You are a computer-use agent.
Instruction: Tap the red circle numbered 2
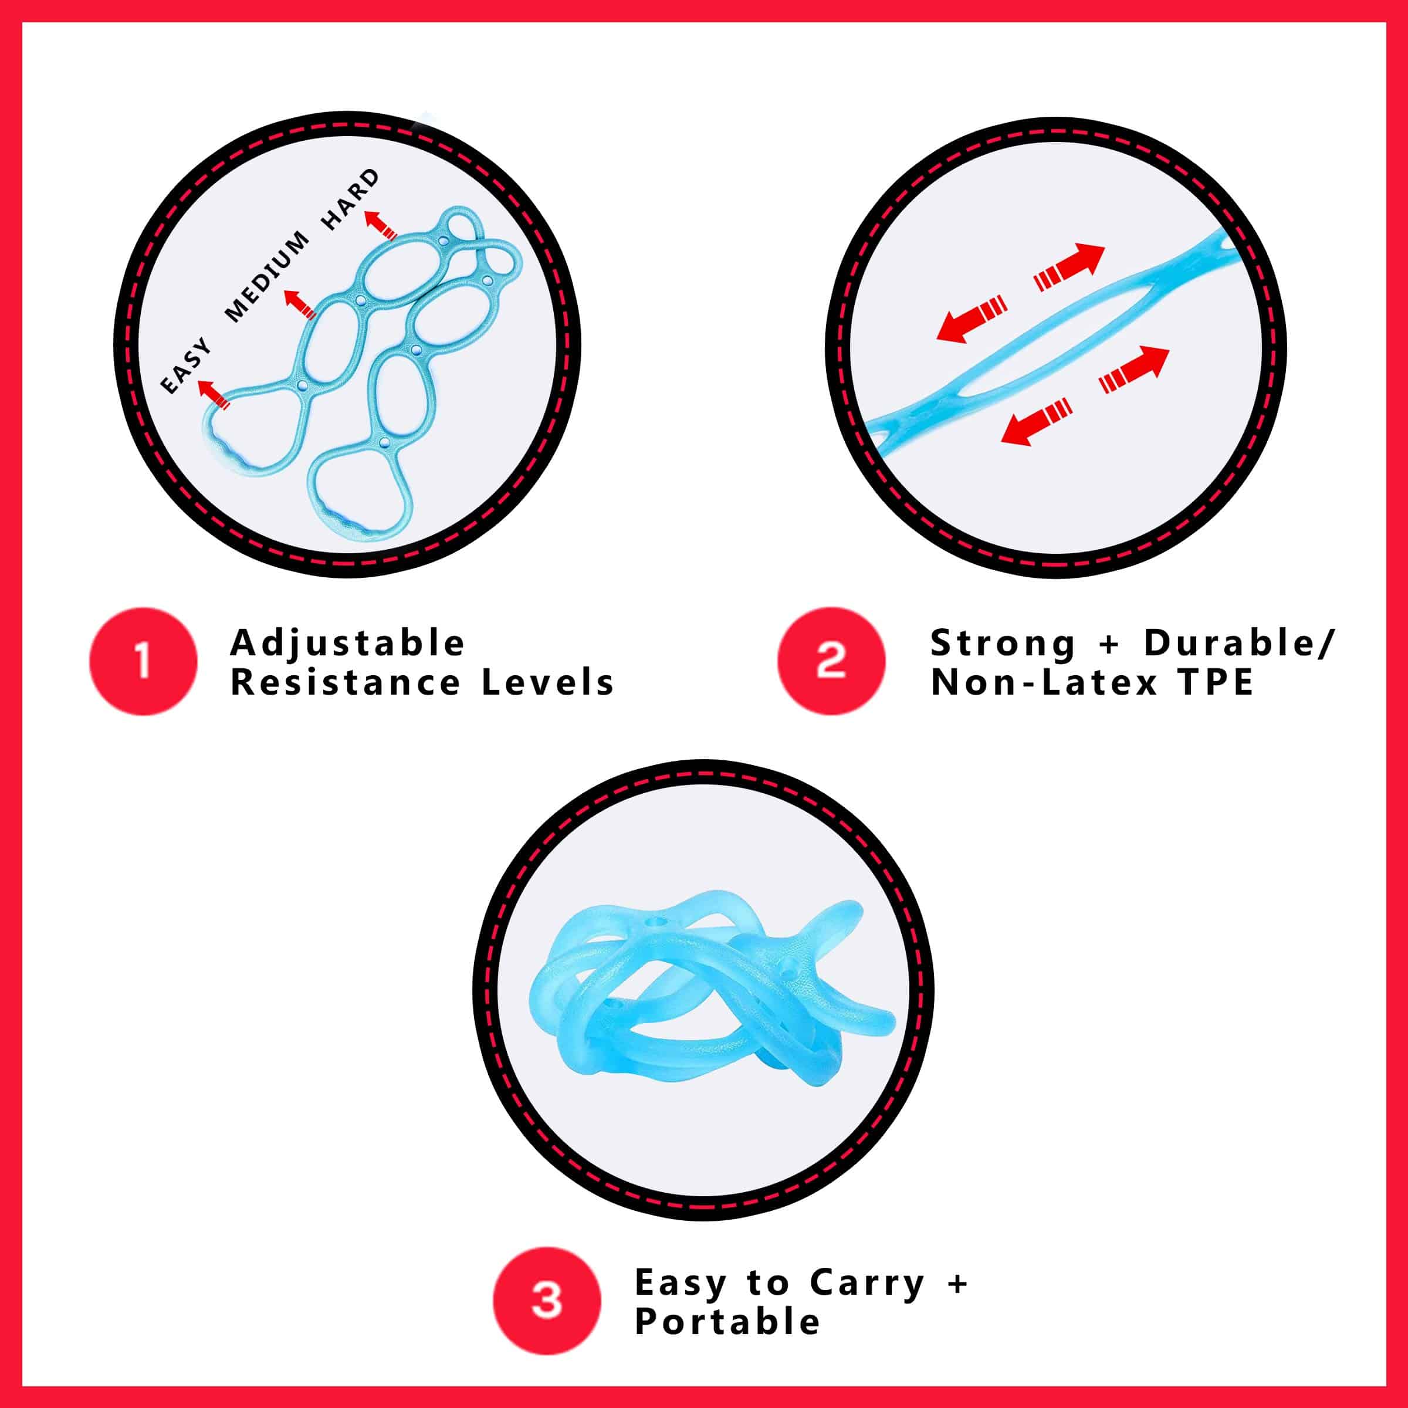pyautogui.click(x=831, y=661)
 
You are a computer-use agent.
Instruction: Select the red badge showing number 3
pyautogui.click(x=547, y=1300)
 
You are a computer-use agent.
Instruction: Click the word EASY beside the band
pyautogui.click(x=186, y=366)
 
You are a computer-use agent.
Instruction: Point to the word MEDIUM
pyautogui.click(x=267, y=277)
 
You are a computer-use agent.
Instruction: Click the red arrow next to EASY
pyautogui.click(x=214, y=394)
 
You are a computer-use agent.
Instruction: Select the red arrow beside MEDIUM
pyautogui.click(x=299, y=304)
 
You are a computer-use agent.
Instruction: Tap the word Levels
pyautogui.click(x=548, y=682)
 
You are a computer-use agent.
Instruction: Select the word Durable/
pyautogui.click(x=1239, y=643)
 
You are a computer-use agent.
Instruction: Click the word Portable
pyautogui.click(x=727, y=1321)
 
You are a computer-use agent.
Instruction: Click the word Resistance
pyautogui.click(x=346, y=682)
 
